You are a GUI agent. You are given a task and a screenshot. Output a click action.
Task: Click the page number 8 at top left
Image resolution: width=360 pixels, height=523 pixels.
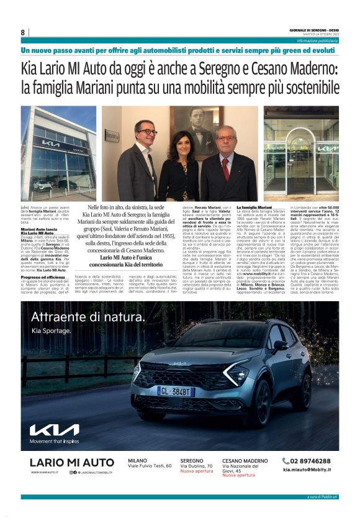[x=23, y=32]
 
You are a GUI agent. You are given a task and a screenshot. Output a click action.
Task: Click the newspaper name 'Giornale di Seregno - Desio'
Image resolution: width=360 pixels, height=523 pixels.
[x=313, y=29]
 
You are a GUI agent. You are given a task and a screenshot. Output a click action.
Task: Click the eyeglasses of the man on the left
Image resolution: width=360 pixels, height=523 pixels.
[x=147, y=132]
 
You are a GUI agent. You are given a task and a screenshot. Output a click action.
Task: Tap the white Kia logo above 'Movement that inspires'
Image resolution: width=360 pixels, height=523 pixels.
[x=54, y=430]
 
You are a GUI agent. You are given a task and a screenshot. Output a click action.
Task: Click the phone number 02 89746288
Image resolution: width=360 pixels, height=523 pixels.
[x=310, y=461]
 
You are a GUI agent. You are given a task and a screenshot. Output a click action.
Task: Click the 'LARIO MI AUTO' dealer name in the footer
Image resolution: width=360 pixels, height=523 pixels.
[x=72, y=462]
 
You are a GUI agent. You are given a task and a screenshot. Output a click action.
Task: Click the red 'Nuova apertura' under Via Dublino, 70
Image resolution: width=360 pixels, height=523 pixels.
[x=196, y=471]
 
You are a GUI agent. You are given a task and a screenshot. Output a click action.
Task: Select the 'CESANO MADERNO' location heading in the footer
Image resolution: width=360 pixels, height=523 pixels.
[x=245, y=460]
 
